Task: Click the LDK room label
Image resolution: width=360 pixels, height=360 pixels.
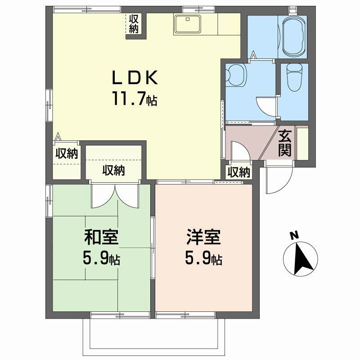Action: pos(135,78)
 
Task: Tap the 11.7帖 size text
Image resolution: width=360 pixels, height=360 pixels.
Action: pos(135,99)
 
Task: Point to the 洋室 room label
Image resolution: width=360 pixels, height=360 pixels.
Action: pos(203,238)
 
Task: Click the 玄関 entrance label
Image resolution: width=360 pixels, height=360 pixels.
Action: pos(284,143)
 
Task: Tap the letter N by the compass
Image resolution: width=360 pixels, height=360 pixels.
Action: pos(293,234)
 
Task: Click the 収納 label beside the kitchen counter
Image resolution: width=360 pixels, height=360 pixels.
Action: pos(134,23)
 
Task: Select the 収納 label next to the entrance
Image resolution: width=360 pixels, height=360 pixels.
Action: pos(238,172)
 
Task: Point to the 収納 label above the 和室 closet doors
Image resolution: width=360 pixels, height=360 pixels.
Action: pos(113,171)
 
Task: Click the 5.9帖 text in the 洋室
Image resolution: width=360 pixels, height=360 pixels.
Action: pos(203,258)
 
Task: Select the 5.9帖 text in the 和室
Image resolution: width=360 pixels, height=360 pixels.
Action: pos(101,258)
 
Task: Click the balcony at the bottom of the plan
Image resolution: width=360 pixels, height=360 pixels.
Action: pos(153,335)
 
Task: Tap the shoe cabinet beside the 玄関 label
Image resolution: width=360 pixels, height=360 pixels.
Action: pos(302,143)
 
